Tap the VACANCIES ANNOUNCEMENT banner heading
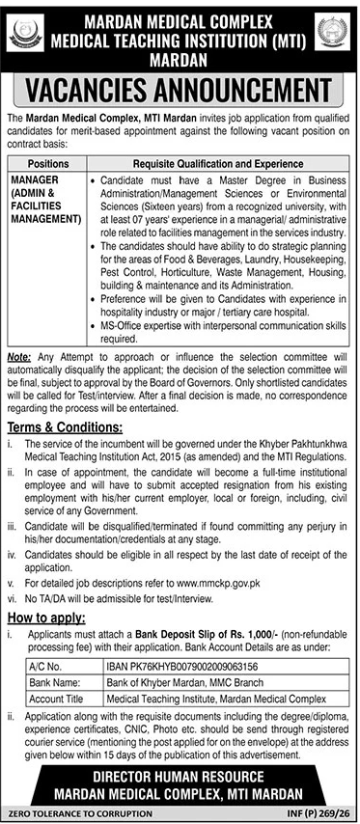[180, 92]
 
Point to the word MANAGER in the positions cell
[35, 179]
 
